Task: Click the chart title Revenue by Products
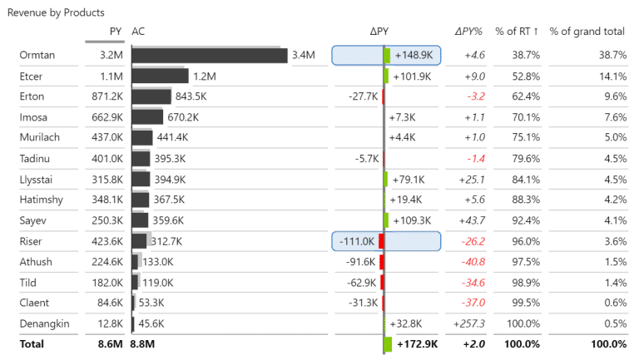click(56, 12)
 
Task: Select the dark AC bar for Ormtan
click(209, 55)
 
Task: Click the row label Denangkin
click(45, 323)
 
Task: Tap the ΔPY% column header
click(469, 32)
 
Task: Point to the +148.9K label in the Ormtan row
click(414, 55)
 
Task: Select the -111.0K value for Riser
click(358, 241)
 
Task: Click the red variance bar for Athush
click(382, 262)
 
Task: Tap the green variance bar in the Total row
click(388, 343)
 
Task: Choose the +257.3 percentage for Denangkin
click(469, 323)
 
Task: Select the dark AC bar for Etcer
click(160, 76)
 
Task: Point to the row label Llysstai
click(38, 179)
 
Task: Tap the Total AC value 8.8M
click(143, 343)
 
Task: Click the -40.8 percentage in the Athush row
click(472, 262)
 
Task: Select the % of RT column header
click(517, 32)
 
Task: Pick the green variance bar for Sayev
click(386, 220)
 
